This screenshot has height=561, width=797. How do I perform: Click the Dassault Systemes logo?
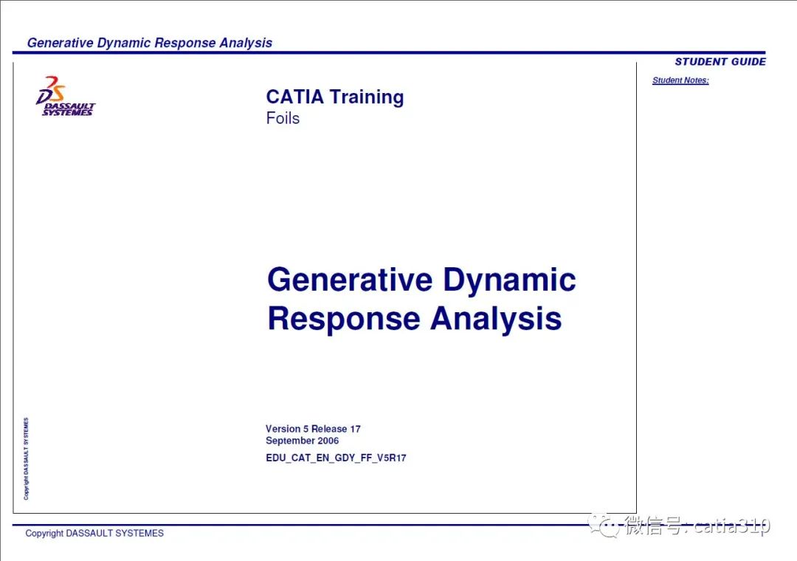[65, 96]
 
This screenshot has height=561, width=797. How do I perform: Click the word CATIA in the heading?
[294, 97]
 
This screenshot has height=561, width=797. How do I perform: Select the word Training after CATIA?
[367, 97]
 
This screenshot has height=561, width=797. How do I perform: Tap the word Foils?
[283, 119]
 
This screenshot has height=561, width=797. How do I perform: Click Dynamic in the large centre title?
[509, 281]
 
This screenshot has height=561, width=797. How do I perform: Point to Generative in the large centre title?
[351, 280]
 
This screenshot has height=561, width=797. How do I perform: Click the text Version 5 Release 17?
[313, 429]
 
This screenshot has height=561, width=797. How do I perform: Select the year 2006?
[328, 441]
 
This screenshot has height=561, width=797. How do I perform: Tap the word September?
[290, 441]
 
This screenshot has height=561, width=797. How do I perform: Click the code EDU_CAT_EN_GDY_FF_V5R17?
[336, 458]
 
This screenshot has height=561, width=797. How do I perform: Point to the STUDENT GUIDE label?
[720, 61]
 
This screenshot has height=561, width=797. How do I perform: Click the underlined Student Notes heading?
[680, 80]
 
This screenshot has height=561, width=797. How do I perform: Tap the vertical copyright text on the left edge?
[26, 459]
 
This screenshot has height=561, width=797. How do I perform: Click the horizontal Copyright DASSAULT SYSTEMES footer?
[94, 533]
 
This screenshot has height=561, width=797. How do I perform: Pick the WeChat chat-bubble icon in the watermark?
[604, 524]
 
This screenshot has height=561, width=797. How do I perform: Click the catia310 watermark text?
[732, 526]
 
